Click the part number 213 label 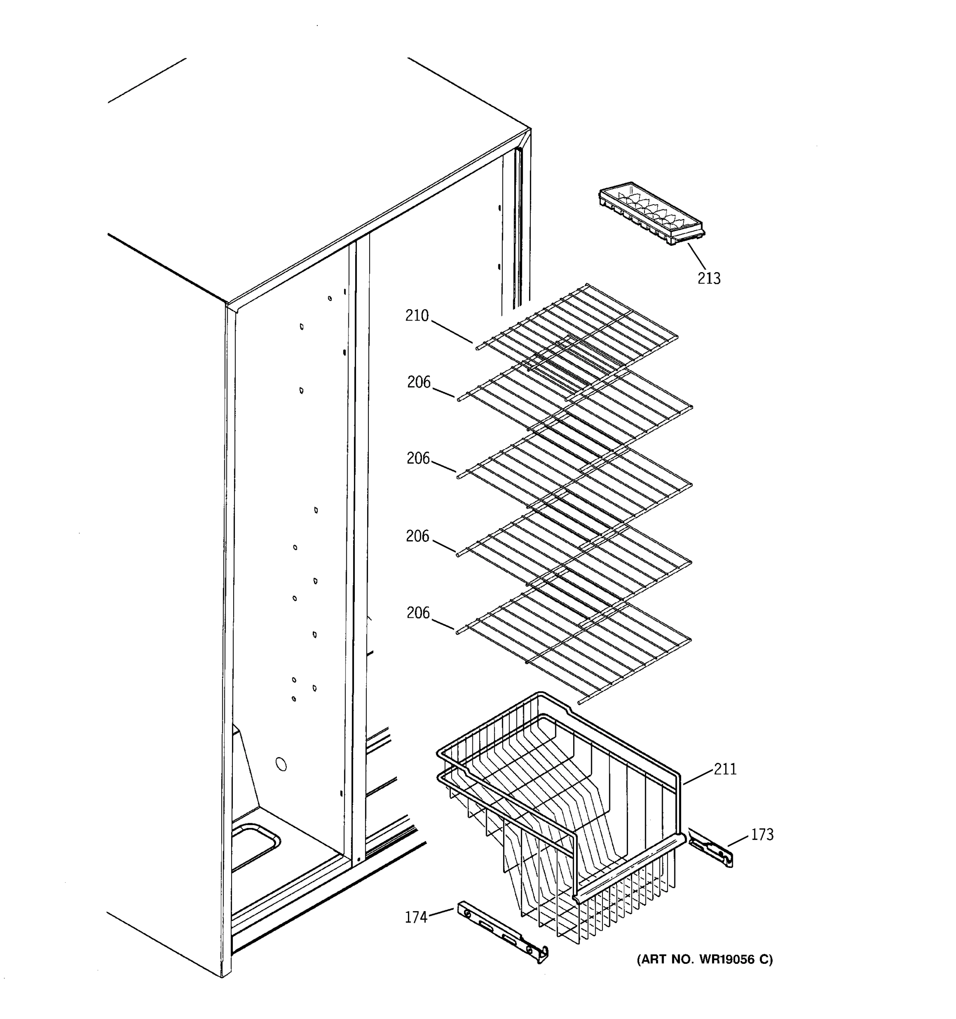tap(709, 279)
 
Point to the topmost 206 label tap(419, 383)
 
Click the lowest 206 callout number tap(418, 613)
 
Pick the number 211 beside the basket tap(725, 769)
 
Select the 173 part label tap(762, 834)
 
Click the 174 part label tap(416, 917)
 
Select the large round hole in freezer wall tap(281, 764)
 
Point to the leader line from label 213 tap(696, 257)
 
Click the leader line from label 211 tap(698, 777)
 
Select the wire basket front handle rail tap(628, 867)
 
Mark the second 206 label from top tap(418, 458)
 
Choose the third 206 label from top tap(418, 536)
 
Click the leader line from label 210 tap(451, 332)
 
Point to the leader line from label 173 tap(738, 840)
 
